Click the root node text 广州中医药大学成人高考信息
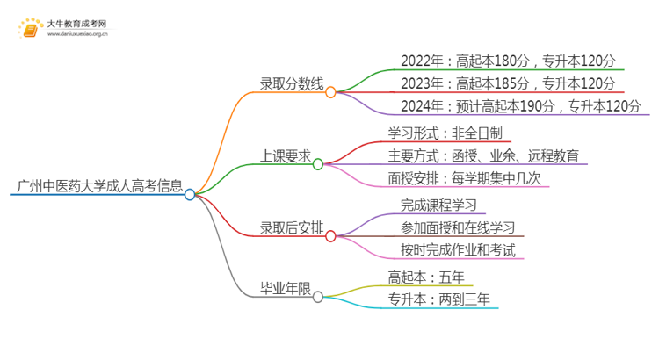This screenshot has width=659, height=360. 99,186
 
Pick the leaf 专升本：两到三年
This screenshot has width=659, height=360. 436,299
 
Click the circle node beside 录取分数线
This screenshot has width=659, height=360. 330,91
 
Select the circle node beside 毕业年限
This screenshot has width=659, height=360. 318,297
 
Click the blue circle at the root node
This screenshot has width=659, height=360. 190,195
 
